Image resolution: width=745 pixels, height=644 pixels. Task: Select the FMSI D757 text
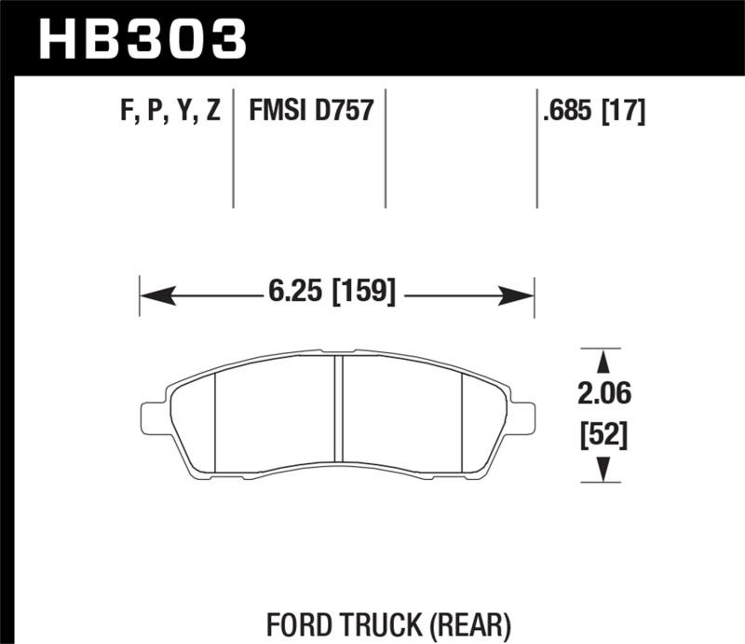pos(310,112)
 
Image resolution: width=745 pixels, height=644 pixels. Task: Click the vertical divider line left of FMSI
pos(234,149)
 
